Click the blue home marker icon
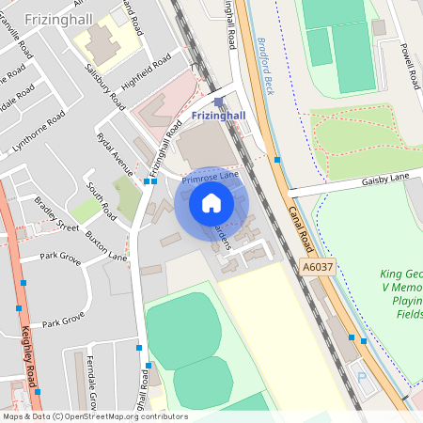[x=211, y=203]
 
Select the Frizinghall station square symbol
[x=219, y=102]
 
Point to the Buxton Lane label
[x=105, y=244]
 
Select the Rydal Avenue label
[x=116, y=152]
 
